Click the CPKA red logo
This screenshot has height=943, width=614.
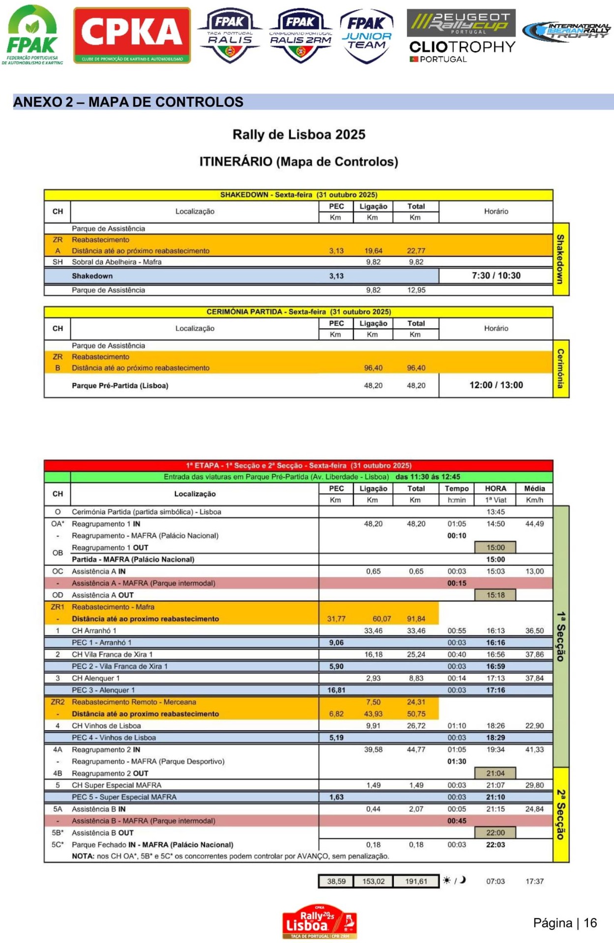pos(132,35)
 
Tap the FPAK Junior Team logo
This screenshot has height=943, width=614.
pos(366,36)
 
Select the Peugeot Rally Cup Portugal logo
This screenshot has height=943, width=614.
pos(461,23)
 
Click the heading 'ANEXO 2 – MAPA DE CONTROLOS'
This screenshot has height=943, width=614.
pos(128,102)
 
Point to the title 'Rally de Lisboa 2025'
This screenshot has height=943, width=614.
pos(299,135)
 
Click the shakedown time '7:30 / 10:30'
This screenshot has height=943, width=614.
pos(496,276)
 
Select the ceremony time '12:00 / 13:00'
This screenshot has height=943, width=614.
pos(496,385)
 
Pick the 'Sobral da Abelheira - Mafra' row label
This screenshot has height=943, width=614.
pos(117,262)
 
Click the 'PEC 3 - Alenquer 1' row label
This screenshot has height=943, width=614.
pos(103,690)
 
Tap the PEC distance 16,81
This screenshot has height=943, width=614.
pos(336,690)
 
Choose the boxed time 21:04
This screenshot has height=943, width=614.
pos(495,773)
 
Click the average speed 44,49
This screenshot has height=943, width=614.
pos(534,524)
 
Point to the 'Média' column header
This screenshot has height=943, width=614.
pos(534,488)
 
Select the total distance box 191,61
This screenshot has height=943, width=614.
pos(416,881)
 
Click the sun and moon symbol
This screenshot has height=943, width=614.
pos(454,880)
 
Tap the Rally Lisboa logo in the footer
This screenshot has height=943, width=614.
pos(319,921)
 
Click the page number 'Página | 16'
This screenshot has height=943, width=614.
pos(564,923)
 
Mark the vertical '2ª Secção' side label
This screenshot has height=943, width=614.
pos(561,814)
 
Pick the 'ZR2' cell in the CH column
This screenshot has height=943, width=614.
pos(58,702)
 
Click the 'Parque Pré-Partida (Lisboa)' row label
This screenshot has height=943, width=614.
pos(120,386)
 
